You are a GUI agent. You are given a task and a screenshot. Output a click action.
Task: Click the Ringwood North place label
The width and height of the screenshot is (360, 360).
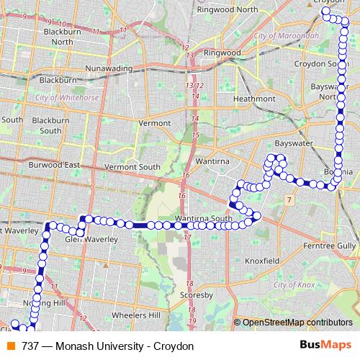pos(227,9)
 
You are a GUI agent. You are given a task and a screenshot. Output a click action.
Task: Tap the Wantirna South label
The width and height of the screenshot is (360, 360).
pos(203,218)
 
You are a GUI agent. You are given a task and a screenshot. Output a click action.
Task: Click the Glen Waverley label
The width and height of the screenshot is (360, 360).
pos(86,239)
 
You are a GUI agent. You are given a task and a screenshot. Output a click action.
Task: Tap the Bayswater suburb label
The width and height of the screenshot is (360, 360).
pos(291,143)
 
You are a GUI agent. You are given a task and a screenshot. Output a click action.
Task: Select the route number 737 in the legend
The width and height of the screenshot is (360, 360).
pos(30,346)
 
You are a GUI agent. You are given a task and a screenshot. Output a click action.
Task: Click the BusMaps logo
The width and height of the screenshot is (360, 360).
pos(320,345)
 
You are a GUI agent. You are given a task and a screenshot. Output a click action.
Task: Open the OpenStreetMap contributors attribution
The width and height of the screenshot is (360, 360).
pos(297,322)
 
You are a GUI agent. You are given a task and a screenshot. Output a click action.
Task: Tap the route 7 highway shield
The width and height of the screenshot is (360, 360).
pos(289,198)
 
